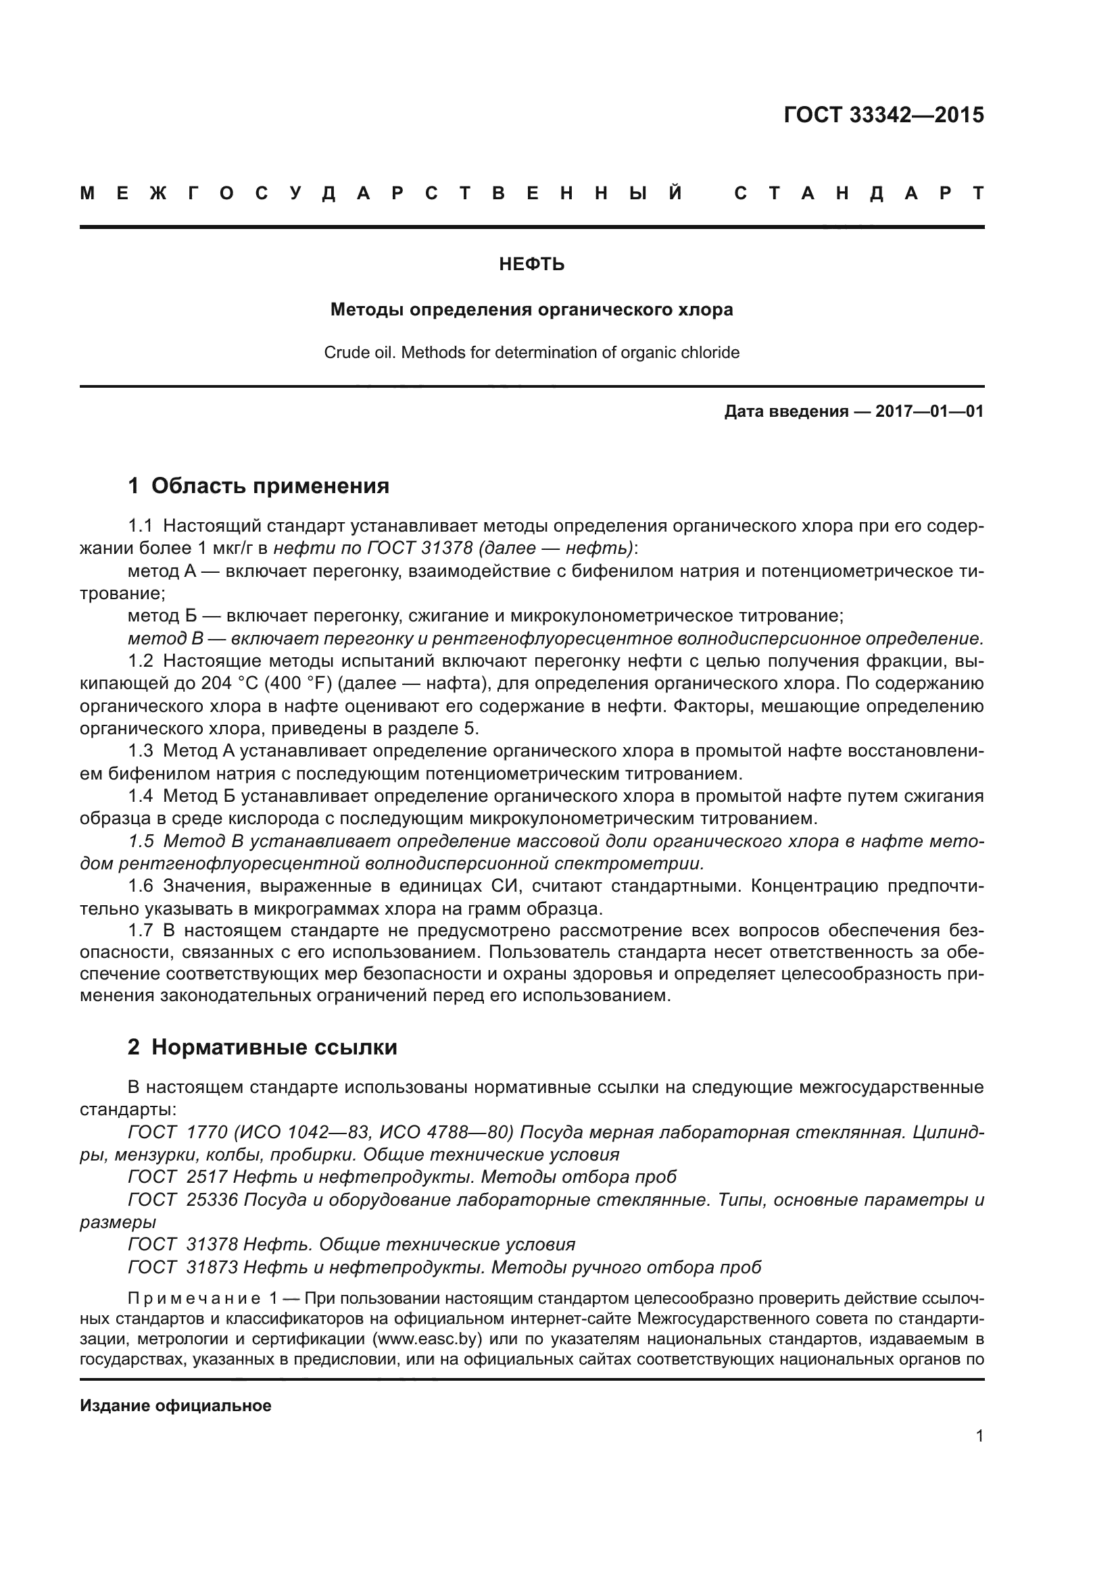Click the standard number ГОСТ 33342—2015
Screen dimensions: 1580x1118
point(883,115)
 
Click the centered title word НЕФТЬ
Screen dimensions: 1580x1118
point(531,265)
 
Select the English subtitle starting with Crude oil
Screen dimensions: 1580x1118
point(531,353)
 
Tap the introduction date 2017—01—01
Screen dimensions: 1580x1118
point(929,411)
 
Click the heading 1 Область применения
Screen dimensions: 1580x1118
point(258,486)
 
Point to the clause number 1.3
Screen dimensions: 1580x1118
point(141,751)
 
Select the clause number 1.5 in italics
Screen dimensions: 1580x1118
point(141,841)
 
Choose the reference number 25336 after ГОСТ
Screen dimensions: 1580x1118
point(212,1200)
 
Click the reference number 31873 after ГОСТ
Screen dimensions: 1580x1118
point(212,1267)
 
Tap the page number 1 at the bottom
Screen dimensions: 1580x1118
point(979,1436)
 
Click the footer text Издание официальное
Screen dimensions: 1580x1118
point(176,1387)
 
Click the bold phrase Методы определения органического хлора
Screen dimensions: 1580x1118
point(531,309)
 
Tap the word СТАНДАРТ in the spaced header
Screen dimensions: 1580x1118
point(858,194)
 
